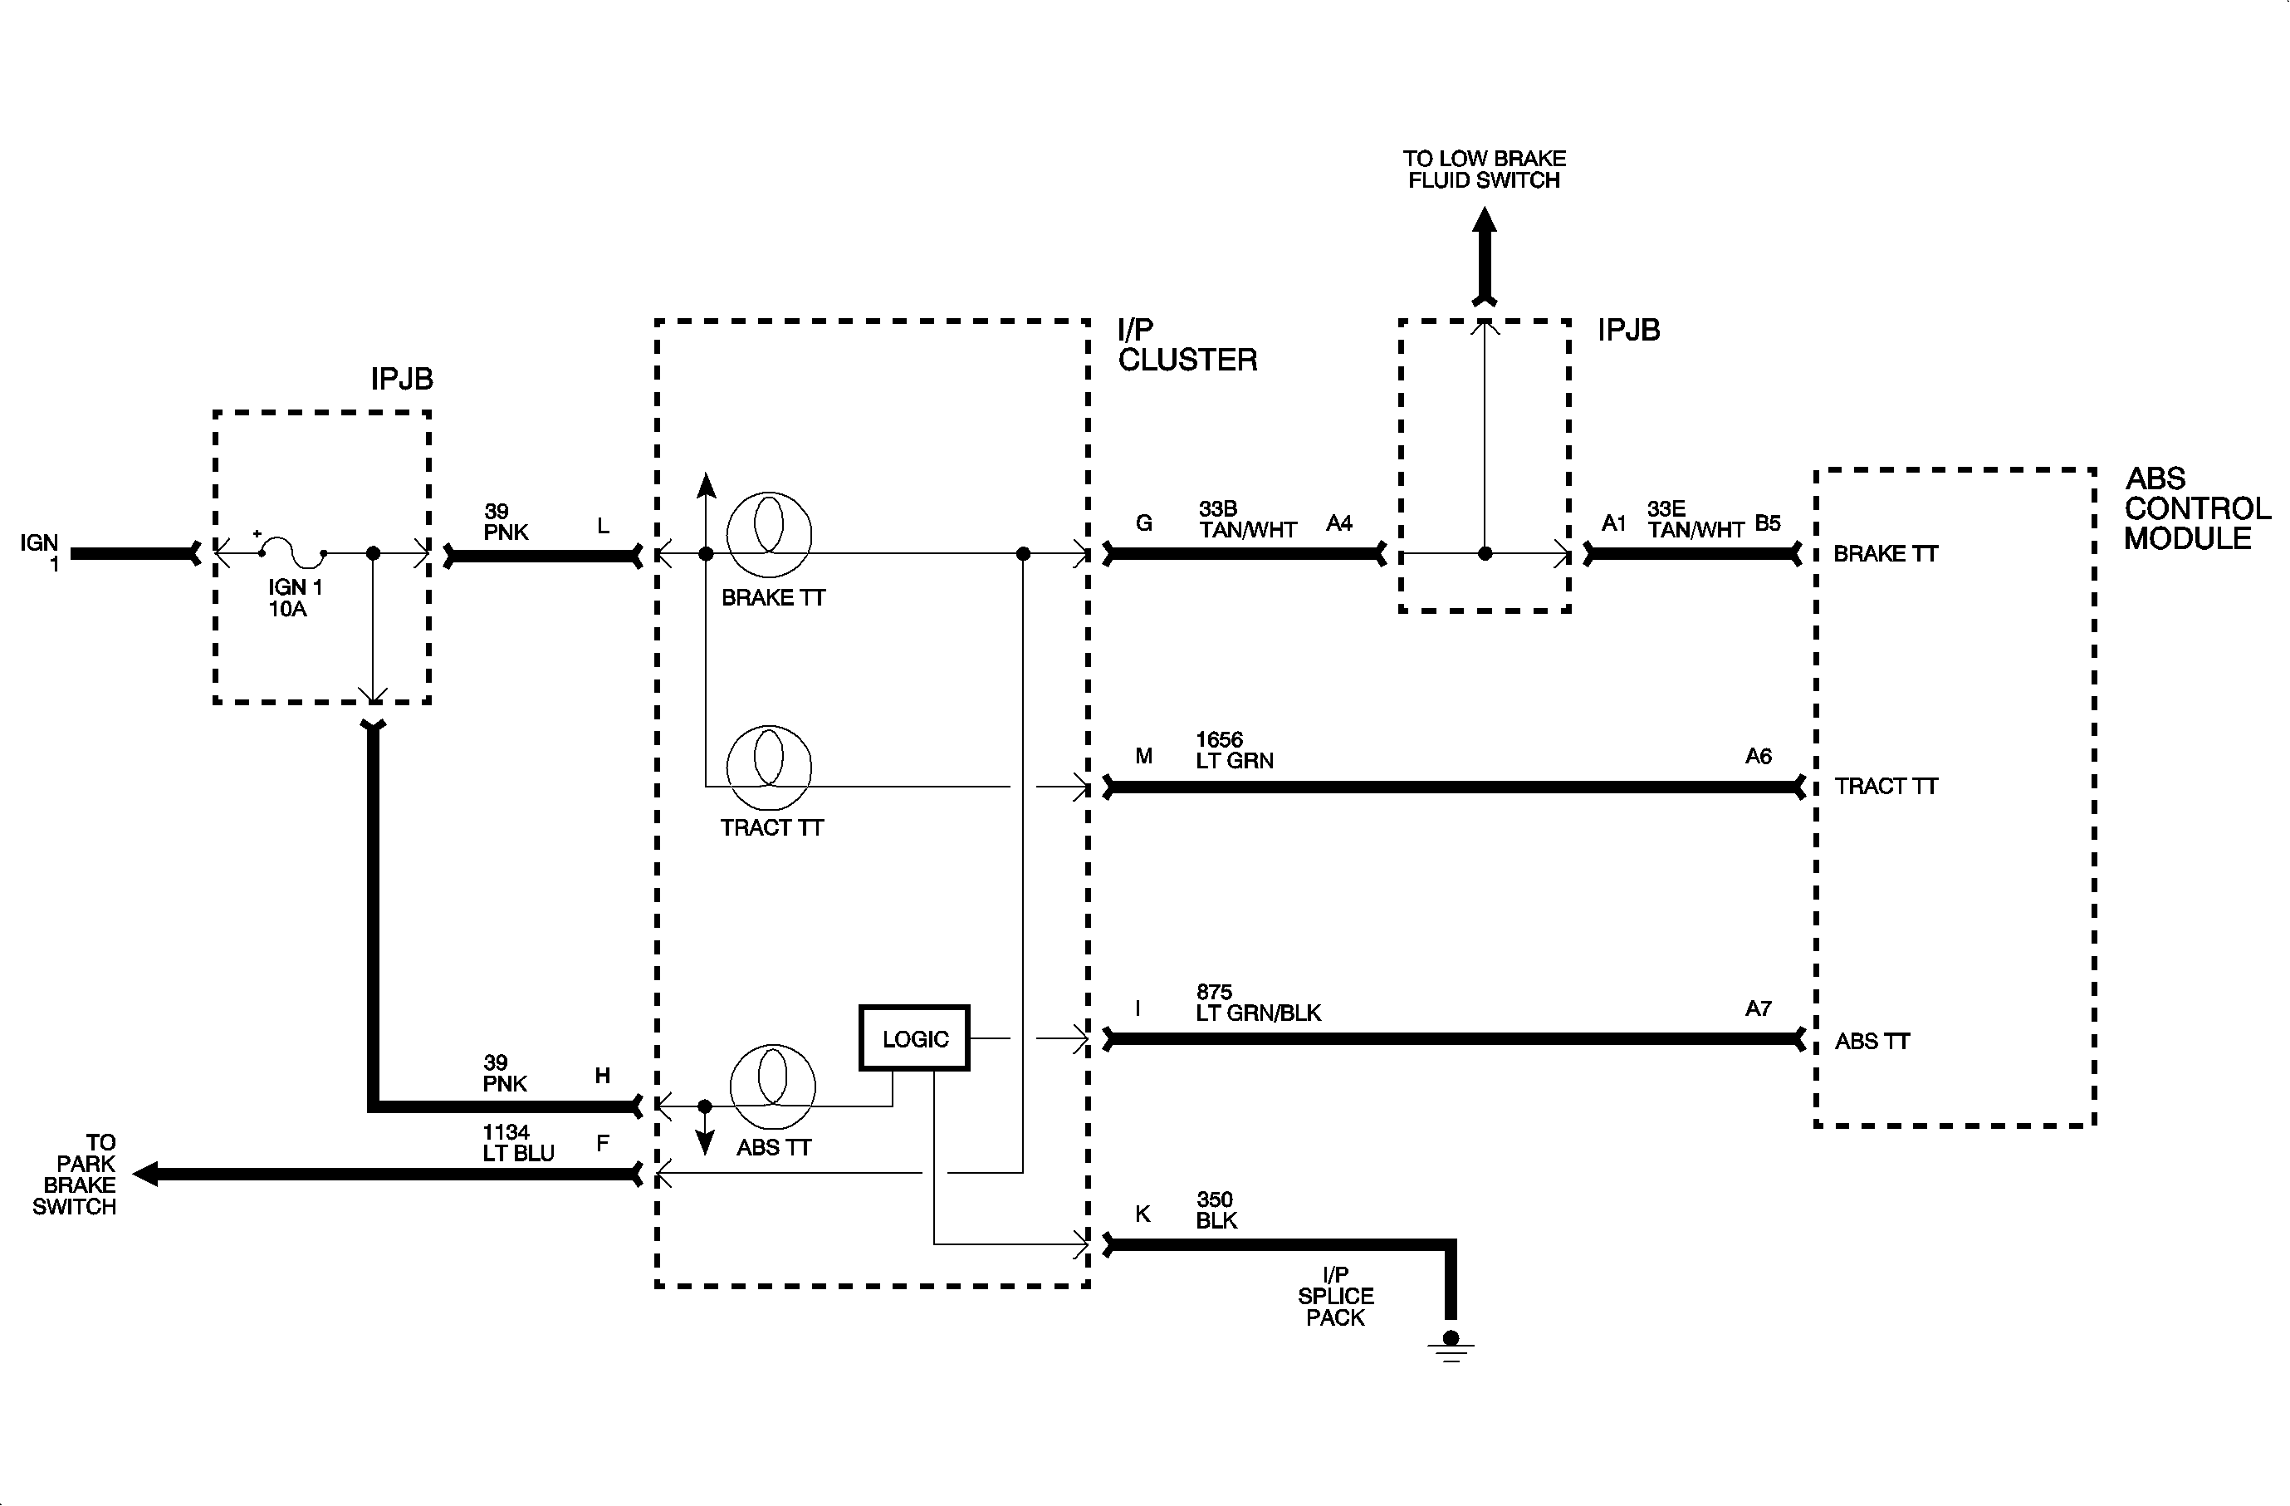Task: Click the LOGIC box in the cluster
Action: (x=914, y=1038)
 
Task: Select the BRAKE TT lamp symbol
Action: (x=769, y=534)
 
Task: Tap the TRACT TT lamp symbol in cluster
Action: (x=769, y=768)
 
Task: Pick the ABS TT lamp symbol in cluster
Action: (x=773, y=1087)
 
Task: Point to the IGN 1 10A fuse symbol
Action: (x=292, y=552)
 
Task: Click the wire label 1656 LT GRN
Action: (x=1235, y=751)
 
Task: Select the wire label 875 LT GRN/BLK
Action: (x=1258, y=1003)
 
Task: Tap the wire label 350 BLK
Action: (x=1216, y=1210)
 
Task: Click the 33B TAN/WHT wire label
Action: (x=1247, y=520)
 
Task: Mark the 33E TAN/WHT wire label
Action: (x=1695, y=520)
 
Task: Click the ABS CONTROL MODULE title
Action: (x=2195, y=508)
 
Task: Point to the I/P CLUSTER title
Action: (x=1187, y=345)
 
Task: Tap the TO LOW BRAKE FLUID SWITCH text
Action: (x=1484, y=169)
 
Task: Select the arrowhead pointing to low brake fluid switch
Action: (x=1485, y=223)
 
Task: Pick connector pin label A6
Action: (x=1758, y=757)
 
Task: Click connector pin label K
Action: (x=1143, y=1214)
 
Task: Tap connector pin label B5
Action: (x=1767, y=523)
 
